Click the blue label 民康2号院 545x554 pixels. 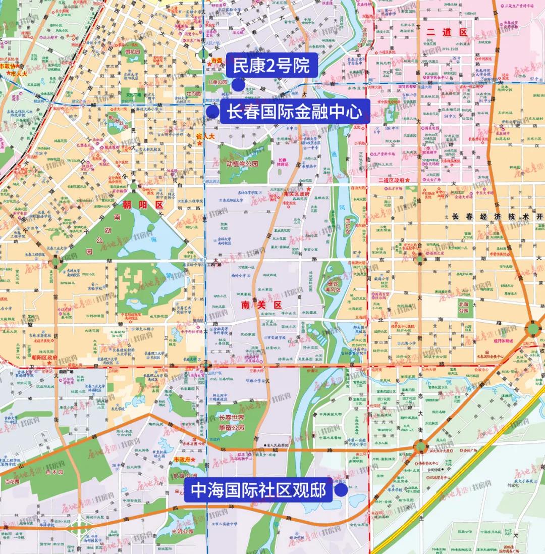(x=271, y=66)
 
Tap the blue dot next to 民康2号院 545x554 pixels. (x=238, y=85)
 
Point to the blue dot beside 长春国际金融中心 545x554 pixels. (x=212, y=112)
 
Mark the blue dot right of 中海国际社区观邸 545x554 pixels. (x=342, y=490)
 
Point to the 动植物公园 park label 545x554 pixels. (x=242, y=164)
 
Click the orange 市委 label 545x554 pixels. (x=216, y=61)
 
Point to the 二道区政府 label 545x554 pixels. (x=391, y=180)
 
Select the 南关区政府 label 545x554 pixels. (x=296, y=193)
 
